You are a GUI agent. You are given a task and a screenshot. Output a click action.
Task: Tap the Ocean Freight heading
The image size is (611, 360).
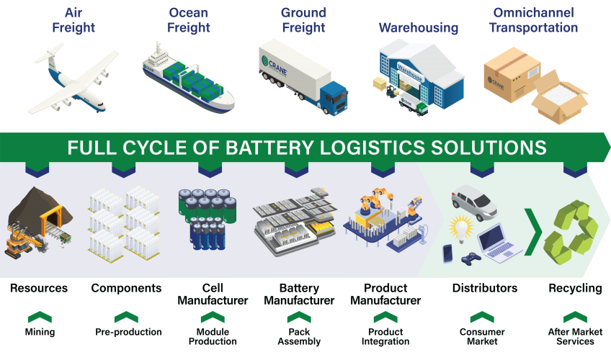(x=189, y=21)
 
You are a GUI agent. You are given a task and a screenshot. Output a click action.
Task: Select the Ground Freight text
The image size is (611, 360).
(x=303, y=21)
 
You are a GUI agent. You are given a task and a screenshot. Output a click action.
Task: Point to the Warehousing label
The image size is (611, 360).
(x=419, y=28)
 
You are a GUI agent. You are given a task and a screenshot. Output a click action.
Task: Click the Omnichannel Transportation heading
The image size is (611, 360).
(x=534, y=21)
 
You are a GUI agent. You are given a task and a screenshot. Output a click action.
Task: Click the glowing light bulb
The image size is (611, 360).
(x=460, y=230)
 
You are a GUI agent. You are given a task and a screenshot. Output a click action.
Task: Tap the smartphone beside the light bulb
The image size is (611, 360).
(x=447, y=253)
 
